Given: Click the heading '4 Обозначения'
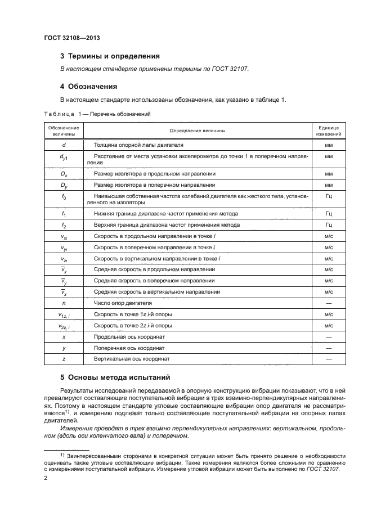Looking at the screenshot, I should tap(88, 87).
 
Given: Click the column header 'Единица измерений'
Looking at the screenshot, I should tap(329, 131).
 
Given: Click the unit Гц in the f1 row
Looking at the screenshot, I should tap(329, 214).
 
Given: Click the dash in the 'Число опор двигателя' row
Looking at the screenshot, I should tap(329, 303).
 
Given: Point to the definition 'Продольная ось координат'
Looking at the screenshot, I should tap(130, 336).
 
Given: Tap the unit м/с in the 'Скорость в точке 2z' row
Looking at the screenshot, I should tap(329, 325).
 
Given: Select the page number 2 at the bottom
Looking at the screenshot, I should tap(46, 478).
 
